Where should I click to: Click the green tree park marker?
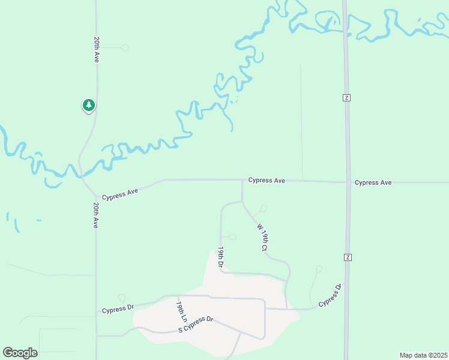click(89, 106)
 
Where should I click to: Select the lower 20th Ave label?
click(96, 215)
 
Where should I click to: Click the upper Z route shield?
click(346, 97)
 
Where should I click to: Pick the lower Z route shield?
click(347, 257)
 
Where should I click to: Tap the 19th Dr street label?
click(221, 257)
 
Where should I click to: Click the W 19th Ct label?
click(262, 237)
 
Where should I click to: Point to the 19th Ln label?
click(179, 309)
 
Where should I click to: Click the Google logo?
click(20, 352)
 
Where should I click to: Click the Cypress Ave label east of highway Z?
click(373, 182)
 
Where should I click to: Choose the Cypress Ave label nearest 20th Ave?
click(120, 194)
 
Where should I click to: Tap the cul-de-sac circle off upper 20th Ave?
click(125, 47)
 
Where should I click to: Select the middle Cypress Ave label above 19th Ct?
click(267, 180)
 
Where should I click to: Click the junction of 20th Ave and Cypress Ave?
click(95, 196)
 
